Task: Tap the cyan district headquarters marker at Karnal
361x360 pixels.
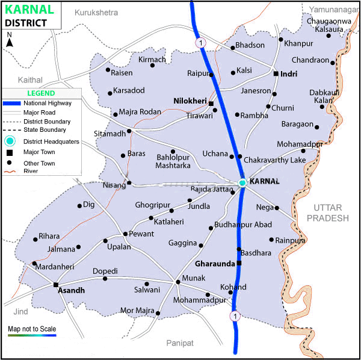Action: click(242, 182)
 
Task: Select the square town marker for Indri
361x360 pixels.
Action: click(276, 73)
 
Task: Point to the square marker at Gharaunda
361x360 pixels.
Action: click(239, 264)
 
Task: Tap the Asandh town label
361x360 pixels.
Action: click(72, 290)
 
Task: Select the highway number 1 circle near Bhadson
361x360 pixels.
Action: click(200, 43)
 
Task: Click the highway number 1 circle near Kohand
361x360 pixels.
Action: click(235, 315)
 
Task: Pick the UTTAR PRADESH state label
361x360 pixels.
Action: click(327, 212)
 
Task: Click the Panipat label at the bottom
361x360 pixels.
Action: click(180, 343)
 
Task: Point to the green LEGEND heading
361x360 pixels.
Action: click(41, 93)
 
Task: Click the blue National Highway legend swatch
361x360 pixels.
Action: click(11, 103)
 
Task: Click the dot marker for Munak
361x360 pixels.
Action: click(177, 281)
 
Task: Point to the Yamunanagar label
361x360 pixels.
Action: click(335, 9)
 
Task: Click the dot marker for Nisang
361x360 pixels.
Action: click(129, 182)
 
